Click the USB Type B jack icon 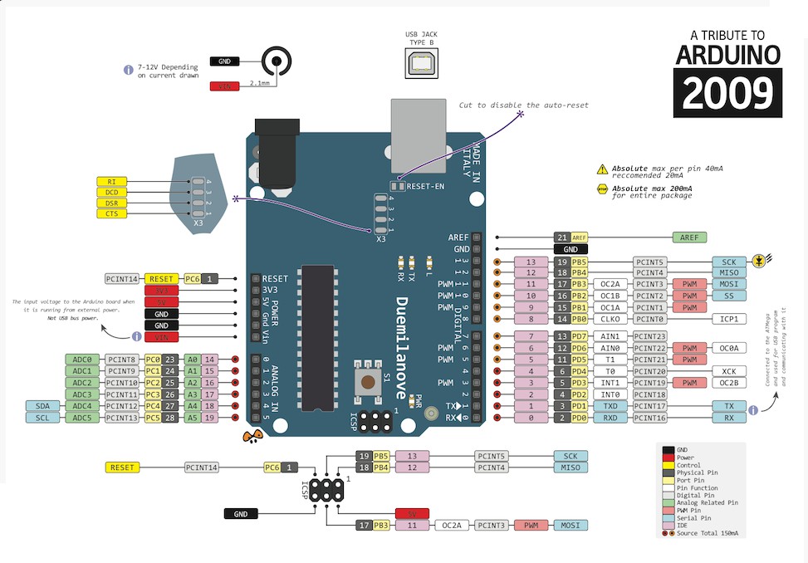[420, 62]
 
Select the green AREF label [689, 237]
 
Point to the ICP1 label [729, 318]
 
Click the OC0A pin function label [729, 348]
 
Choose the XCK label [729, 371]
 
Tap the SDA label [42, 406]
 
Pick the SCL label [42, 418]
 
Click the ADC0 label [81, 360]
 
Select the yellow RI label [111, 182]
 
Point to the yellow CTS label [111, 213]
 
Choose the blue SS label [729, 296]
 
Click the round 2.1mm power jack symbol [277, 61]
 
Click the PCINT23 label [649, 335]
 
